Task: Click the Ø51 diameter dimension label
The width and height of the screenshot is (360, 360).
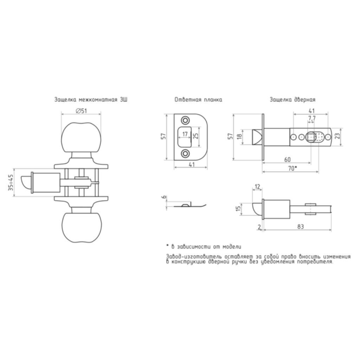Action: (81, 111)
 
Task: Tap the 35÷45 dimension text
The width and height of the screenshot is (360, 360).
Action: (11, 182)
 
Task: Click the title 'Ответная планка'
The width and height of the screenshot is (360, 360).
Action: (198, 99)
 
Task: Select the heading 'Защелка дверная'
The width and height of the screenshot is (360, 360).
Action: (292, 99)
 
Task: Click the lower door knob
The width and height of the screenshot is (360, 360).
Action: (82, 227)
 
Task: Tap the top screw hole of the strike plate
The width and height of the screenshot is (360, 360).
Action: (185, 120)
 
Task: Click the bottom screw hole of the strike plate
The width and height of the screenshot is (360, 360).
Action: (185, 154)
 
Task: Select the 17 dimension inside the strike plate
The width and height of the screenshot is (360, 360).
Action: (185, 134)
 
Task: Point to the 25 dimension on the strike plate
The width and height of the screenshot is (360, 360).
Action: (196, 136)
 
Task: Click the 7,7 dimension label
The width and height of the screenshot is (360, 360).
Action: (311, 118)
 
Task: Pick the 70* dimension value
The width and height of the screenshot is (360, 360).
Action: (292, 168)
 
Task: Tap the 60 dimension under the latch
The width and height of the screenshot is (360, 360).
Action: (287, 159)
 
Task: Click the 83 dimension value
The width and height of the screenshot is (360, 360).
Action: (300, 227)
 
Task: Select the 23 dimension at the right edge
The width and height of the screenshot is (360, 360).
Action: (337, 136)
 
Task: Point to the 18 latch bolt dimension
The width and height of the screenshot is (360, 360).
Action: (239, 137)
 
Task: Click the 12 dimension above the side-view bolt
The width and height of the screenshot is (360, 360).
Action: (257, 186)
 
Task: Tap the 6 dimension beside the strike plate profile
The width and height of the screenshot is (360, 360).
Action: (164, 197)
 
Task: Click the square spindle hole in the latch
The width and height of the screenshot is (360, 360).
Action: (311, 137)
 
